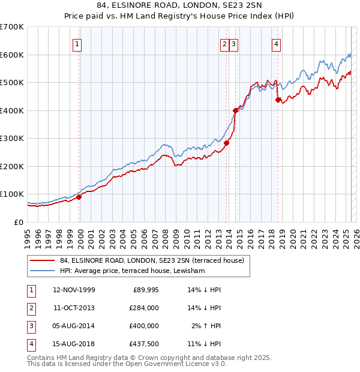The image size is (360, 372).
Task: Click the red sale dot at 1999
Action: [79, 197]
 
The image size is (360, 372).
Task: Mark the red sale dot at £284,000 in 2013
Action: [227, 143]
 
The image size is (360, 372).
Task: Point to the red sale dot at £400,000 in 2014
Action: [235, 110]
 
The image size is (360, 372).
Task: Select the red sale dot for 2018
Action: [278, 100]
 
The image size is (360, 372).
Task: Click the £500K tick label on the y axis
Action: [12, 82]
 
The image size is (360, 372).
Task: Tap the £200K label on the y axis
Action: [12, 166]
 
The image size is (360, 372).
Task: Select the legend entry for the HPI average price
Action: [132, 271]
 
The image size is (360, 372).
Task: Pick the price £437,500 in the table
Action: [143, 344]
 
